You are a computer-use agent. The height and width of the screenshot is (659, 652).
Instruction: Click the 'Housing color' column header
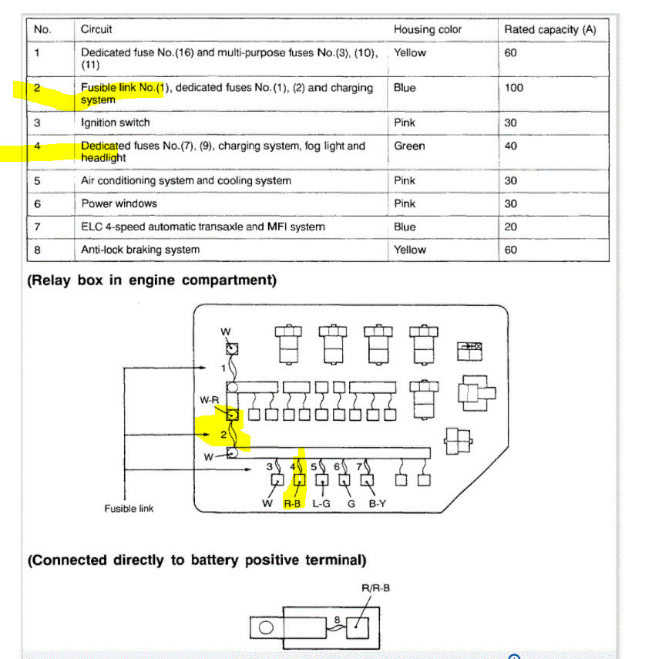point(428,29)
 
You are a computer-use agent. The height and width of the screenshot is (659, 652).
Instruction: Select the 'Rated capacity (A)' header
point(550,29)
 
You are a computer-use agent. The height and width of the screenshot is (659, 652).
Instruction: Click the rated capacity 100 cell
point(513,88)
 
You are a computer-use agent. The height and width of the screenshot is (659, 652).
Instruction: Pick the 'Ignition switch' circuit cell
point(116,123)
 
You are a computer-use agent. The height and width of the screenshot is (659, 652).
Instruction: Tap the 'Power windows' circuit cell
point(119,203)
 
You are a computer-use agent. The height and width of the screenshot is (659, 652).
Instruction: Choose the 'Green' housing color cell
point(409,146)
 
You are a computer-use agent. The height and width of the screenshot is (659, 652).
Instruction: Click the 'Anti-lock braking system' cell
point(140,250)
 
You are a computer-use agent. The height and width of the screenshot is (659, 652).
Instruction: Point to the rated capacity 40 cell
point(511,146)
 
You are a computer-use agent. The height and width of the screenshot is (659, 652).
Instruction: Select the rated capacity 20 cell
point(511,227)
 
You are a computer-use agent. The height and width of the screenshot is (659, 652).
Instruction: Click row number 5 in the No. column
point(37,180)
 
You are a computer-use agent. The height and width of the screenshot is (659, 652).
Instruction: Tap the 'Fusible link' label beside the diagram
point(129,509)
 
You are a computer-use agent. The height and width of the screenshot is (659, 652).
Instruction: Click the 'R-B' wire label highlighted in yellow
point(292,504)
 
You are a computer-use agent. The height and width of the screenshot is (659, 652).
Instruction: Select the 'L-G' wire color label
point(321,504)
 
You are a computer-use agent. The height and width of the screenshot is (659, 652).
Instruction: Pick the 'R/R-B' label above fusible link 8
point(377,588)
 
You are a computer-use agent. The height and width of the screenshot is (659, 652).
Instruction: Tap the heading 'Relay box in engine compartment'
point(152,281)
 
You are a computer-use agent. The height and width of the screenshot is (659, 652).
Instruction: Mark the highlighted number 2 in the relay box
point(223,435)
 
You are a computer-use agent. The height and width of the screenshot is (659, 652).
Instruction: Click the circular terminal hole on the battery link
point(267,627)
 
